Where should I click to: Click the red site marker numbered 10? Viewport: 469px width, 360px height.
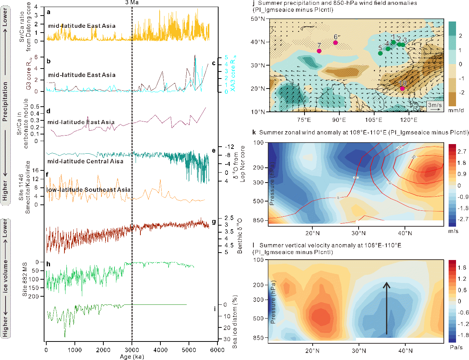click(402, 88)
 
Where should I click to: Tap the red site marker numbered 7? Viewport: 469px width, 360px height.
click(319, 51)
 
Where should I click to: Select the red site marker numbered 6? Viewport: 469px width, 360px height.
click(336, 43)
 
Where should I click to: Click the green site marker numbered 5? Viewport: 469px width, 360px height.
click(380, 53)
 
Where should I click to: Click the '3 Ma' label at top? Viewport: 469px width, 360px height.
click(132, 3)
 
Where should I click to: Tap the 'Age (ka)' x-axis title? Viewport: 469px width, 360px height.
click(132, 357)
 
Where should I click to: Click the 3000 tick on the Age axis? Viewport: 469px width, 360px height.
click(132, 350)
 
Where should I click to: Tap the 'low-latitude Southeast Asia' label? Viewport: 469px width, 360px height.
click(89, 190)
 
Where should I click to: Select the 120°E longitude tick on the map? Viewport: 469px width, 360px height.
click(409, 120)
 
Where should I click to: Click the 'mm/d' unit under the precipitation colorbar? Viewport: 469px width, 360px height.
click(456, 110)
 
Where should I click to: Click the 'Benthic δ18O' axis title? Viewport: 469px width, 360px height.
click(240, 236)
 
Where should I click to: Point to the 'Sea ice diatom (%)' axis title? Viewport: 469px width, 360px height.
click(235, 322)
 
